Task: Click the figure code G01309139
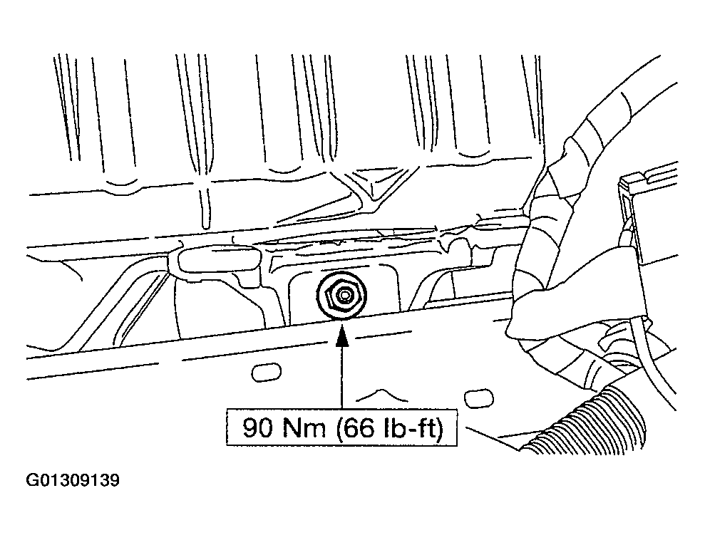coord(73,481)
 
